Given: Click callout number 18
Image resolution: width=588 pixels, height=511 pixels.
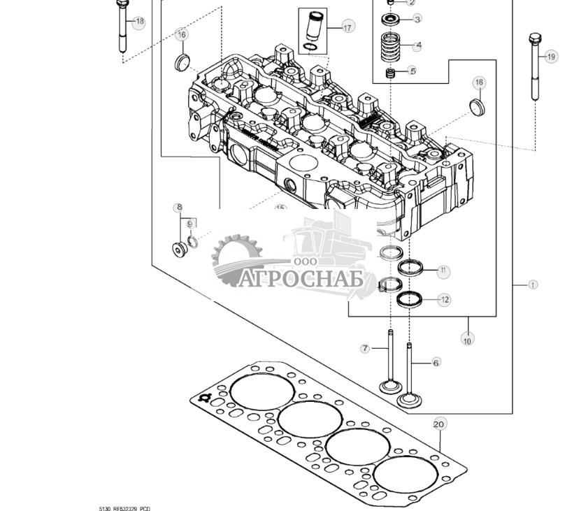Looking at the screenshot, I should (x=139, y=22).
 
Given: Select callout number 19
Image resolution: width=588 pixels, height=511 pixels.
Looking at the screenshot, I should (x=551, y=57).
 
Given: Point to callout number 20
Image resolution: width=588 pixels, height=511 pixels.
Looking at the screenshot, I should (x=439, y=424).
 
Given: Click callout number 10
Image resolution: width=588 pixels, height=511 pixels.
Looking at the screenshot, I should (x=467, y=340).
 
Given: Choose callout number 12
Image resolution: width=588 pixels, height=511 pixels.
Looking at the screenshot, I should (x=444, y=299).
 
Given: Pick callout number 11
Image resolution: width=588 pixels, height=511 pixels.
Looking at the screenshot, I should (x=444, y=270).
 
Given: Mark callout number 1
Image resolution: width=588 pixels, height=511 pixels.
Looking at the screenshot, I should (x=533, y=285).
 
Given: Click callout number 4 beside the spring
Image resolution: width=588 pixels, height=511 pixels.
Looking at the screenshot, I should (x=418, y=46).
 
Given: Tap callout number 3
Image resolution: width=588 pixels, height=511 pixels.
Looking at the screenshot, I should (x=417, y=19).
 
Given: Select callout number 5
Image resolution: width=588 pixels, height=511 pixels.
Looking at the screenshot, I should (x=413, y=71).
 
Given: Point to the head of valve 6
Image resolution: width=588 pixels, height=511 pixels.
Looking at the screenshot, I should (x=409, y=401).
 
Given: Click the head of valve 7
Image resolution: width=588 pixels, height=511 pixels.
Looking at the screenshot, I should (x=389, y=386).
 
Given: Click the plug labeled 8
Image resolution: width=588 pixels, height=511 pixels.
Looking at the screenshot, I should (x=178, y=249).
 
